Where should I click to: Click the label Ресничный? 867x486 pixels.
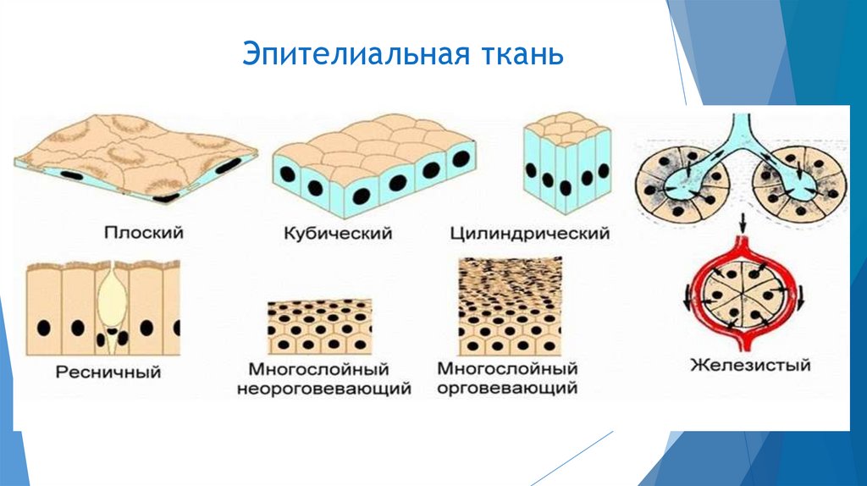(x=108, y=370)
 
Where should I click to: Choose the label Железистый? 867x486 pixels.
(x=750, y=366)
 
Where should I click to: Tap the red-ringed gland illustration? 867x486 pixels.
(x=742, y=296)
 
